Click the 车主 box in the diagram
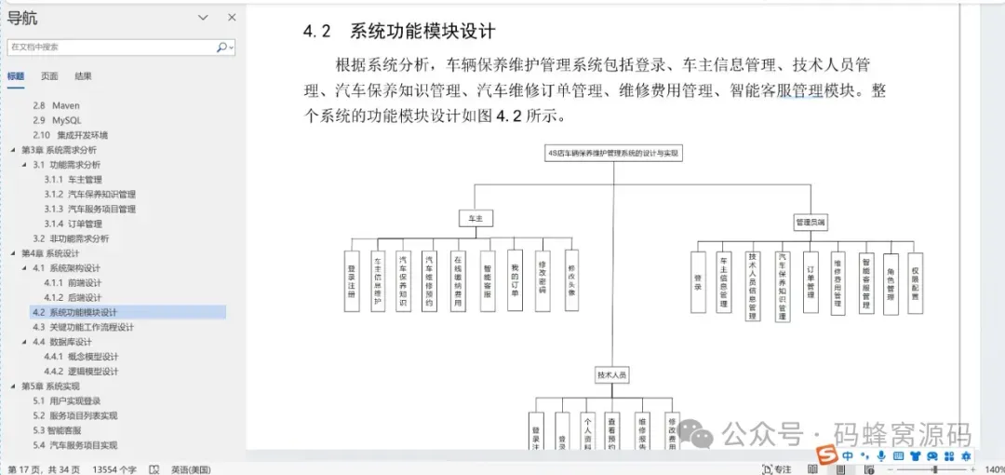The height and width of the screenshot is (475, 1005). click(x=476, y=218)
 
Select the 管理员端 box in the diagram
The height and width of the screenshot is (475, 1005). click(x=811, y=223)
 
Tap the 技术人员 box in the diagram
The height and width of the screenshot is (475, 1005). click(x=611, y=374)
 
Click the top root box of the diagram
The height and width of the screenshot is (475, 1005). click(x=613, y=153)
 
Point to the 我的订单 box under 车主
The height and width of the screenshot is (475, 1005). click(x=515, y=279)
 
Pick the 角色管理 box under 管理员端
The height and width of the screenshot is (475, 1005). click(x=891, y=283)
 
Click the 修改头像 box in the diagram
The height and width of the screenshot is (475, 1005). click(x=572, y=279)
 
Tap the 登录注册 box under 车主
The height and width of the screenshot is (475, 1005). click(x=352, y=280)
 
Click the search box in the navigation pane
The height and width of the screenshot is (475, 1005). click(x=112, y=47)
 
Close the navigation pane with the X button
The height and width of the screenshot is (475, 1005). click(x=231, y=18)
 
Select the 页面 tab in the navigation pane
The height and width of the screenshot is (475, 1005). click(x=49, y=76)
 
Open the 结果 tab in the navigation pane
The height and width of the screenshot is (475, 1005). click(x=83, y=76)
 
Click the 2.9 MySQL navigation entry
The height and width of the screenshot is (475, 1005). click(x=60, y=120)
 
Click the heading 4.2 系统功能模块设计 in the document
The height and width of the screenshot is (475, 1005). click(x=399, y=31)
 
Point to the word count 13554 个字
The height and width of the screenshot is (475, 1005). click(x=114, y=468)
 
